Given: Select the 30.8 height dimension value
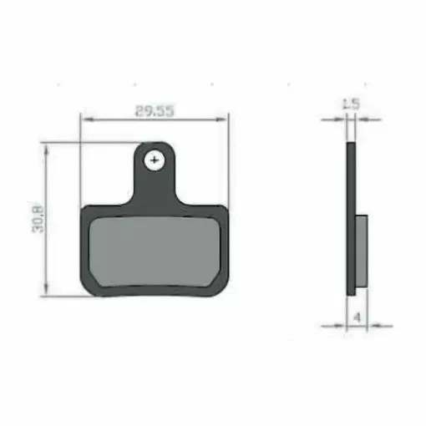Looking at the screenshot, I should coord(38,219).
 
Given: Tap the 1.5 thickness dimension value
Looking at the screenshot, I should coord(351,104).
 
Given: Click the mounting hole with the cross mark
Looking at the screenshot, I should coord(155,160).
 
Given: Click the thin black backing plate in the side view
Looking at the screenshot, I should coord(350,217).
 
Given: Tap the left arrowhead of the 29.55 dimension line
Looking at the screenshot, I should coord(84,119).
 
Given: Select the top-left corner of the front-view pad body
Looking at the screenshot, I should coord(86,210).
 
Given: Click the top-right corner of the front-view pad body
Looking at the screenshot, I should coord(223,210).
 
